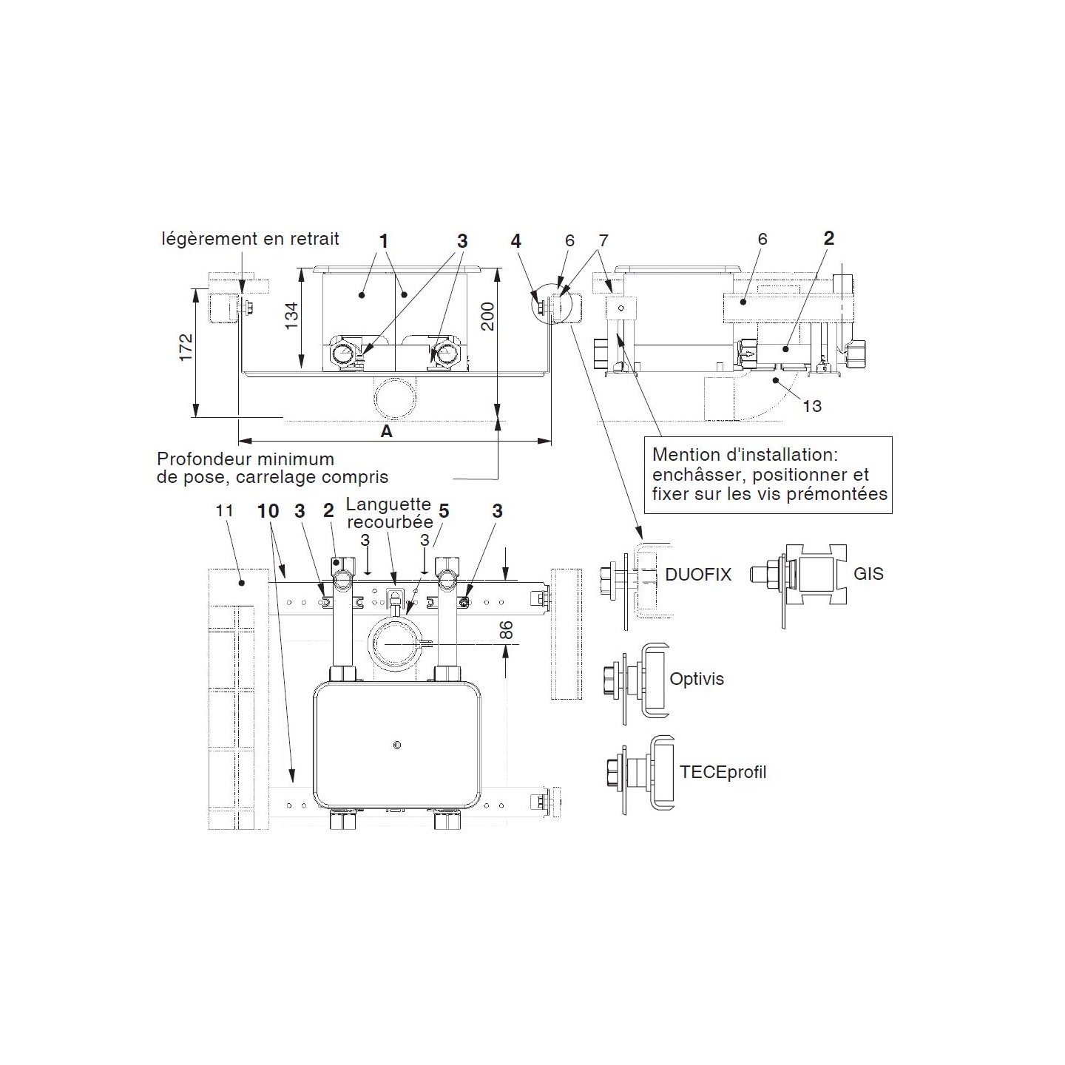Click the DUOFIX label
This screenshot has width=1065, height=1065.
(x=697, y=574)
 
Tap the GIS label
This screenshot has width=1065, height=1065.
(x=868, y=573)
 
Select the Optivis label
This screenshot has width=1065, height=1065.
(x=696, y=678)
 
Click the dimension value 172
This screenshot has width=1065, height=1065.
(x=186, y=348)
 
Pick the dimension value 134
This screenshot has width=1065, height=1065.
(x=292, y=316)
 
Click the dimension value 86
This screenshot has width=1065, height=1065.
(x=506, y=629)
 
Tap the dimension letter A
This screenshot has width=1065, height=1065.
(x=386, y=431)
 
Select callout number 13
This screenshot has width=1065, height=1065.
(x=811, y=406)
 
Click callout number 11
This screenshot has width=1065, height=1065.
(x=224, y=510)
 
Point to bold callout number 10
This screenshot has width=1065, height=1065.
(x=268, y=511)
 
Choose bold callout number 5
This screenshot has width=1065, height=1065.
(x=444, y=511)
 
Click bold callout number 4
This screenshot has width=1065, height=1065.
(x=515, y=241)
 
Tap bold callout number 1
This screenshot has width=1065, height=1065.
(x=383, y=241)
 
